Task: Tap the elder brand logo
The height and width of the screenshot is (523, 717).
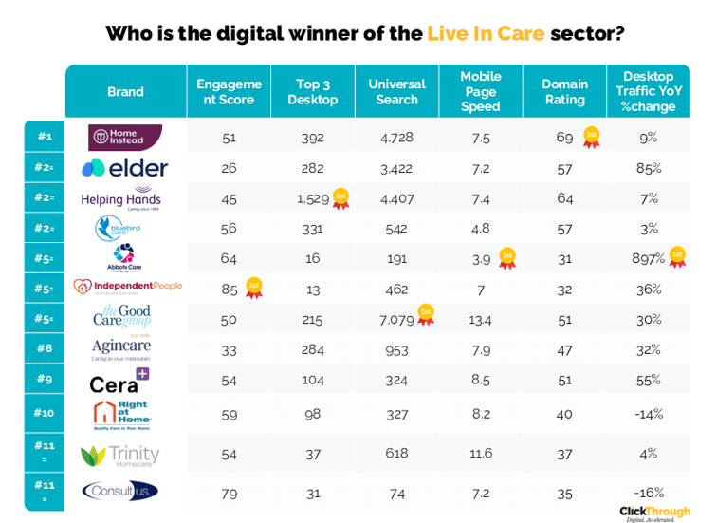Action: tap(124, 169)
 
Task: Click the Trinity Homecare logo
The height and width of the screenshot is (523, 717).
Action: tap(120, 457)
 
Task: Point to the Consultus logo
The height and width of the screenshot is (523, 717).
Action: tap(120, 491)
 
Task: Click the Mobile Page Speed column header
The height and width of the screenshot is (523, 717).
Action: tap(481, 91)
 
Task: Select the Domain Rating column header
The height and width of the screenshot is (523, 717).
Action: tap(564, 91)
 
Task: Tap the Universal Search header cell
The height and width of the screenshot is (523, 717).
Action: tap(396, 91)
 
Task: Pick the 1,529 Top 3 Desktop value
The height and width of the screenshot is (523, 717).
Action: tap(312, 197)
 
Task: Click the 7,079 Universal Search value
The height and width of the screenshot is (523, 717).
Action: tap(396, 320)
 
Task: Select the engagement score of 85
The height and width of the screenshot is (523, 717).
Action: tap(229, 289)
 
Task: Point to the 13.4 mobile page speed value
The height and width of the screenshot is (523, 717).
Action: tap(481, 320)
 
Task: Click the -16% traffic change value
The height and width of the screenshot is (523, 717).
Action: tap(649, 492)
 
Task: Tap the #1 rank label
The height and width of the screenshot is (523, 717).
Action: tap(45, 137)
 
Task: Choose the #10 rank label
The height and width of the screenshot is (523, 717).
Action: tap(45, 412)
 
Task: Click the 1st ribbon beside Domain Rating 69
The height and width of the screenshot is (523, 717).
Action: tap(591, 137)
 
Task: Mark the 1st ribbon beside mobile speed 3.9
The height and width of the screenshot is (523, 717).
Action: tap(507, 258)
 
